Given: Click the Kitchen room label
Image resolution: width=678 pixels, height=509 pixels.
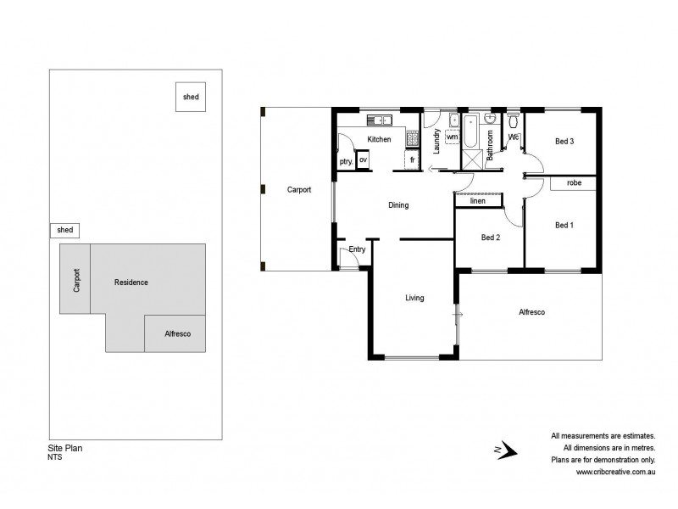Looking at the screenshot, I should pos(379,139).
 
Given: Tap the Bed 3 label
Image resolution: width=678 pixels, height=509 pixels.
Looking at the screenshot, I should pos(565,142).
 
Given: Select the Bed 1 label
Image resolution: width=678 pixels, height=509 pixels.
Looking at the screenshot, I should pos(564,225).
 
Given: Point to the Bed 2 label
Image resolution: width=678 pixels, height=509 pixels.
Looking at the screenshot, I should pos(491,238).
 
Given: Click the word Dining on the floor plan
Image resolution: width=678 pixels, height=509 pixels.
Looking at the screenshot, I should pos(398,205).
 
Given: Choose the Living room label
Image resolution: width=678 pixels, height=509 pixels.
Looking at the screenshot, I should pos(414,298).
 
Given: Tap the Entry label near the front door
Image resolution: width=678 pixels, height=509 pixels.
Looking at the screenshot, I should pos(357,249).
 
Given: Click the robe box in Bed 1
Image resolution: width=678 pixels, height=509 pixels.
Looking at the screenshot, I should pos(573,183).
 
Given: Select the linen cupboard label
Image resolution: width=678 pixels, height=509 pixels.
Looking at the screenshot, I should pos(477,201).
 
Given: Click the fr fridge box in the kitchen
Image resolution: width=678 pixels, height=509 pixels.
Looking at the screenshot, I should pos(413,159).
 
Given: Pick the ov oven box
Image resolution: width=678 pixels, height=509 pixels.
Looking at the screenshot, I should pos(363,159).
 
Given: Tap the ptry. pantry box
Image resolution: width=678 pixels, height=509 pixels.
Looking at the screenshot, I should pos(346,161).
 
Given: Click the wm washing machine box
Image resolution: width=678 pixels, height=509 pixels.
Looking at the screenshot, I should pos(452,137).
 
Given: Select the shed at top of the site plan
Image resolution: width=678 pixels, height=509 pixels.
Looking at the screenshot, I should pos(191,98).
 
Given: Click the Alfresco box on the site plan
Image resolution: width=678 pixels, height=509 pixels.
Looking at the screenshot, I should pos(177,333).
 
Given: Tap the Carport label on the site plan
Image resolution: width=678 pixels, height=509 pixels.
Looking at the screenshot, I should pos(76,280).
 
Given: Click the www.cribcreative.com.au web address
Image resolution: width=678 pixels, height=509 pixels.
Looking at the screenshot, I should pos(615,473).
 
